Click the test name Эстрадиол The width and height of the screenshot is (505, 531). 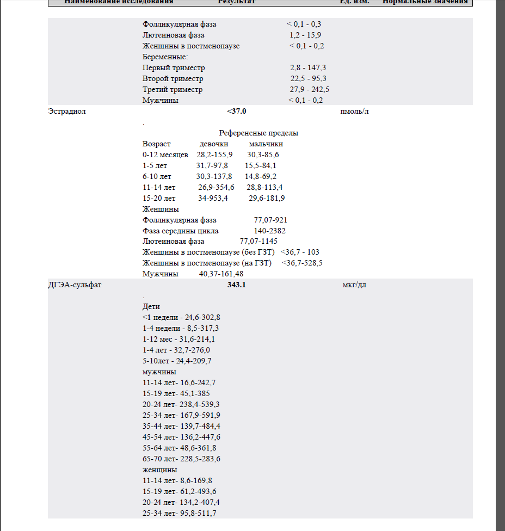[67, 112]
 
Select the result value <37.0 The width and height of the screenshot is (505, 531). [237, 112]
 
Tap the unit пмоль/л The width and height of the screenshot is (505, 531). [354, 112]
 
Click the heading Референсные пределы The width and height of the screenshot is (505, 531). [258, 133]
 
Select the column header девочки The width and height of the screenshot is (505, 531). [214, 144]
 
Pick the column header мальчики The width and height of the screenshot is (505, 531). [266, 144]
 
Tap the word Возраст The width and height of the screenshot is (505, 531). [156, 144]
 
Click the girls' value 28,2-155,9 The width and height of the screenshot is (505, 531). [214, 155]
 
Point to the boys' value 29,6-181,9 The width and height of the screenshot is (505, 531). [267, 199]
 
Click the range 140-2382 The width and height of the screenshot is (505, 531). [269, 231]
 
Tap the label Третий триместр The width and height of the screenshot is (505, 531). [173, 90]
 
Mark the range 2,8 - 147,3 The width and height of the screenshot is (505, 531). [308, 68]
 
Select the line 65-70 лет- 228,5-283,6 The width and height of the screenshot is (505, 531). [181, 459]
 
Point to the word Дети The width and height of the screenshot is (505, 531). [151, 307]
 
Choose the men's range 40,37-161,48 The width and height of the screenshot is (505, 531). [221, 274]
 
